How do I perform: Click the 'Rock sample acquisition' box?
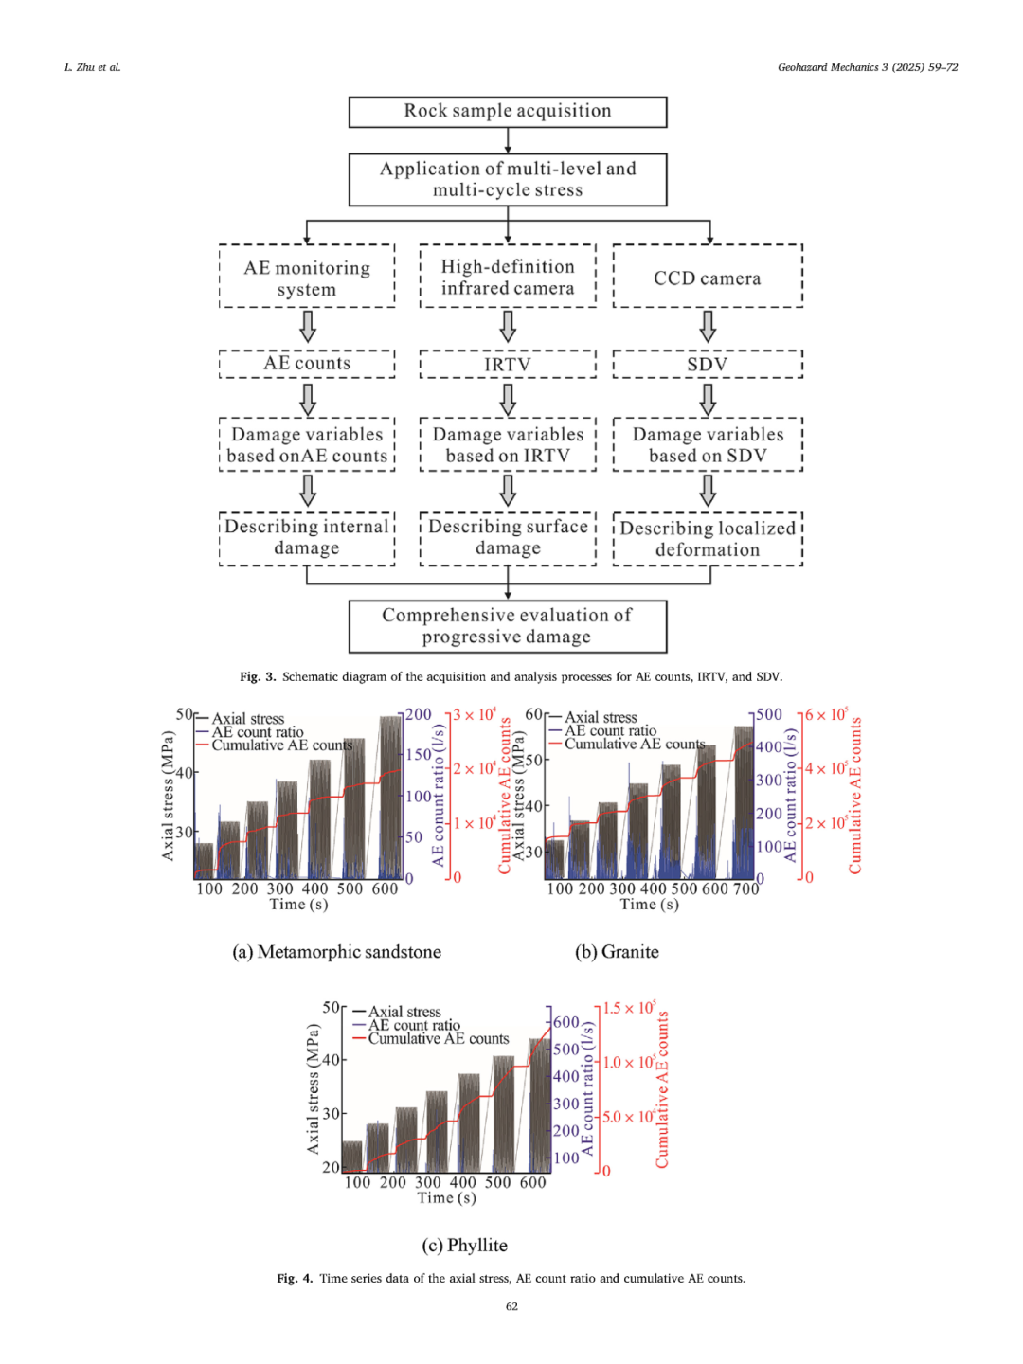(508, 112)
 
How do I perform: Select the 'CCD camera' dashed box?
(707, 278)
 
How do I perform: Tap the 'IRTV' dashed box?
(508, 365)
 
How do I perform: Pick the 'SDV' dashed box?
(707, 365)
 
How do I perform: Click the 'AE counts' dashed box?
(307, 364)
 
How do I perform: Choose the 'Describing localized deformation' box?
(707, 539)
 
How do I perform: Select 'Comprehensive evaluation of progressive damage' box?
(508, 626)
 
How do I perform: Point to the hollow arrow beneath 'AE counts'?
(308, 398)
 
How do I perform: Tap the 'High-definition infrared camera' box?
(508, 278)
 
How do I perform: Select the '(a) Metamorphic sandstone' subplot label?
(337, 952)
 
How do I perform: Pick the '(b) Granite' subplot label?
(617, 952)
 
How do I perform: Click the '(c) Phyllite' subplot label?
(464, 1246)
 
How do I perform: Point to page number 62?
(511, 1306)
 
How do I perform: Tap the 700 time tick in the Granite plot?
(746, 889)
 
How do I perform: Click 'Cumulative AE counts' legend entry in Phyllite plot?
(438, 1039)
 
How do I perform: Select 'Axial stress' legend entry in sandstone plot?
(247, 719)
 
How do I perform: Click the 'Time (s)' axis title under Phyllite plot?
(446, 1198)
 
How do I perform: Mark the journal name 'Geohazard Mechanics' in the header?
(829, 67)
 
